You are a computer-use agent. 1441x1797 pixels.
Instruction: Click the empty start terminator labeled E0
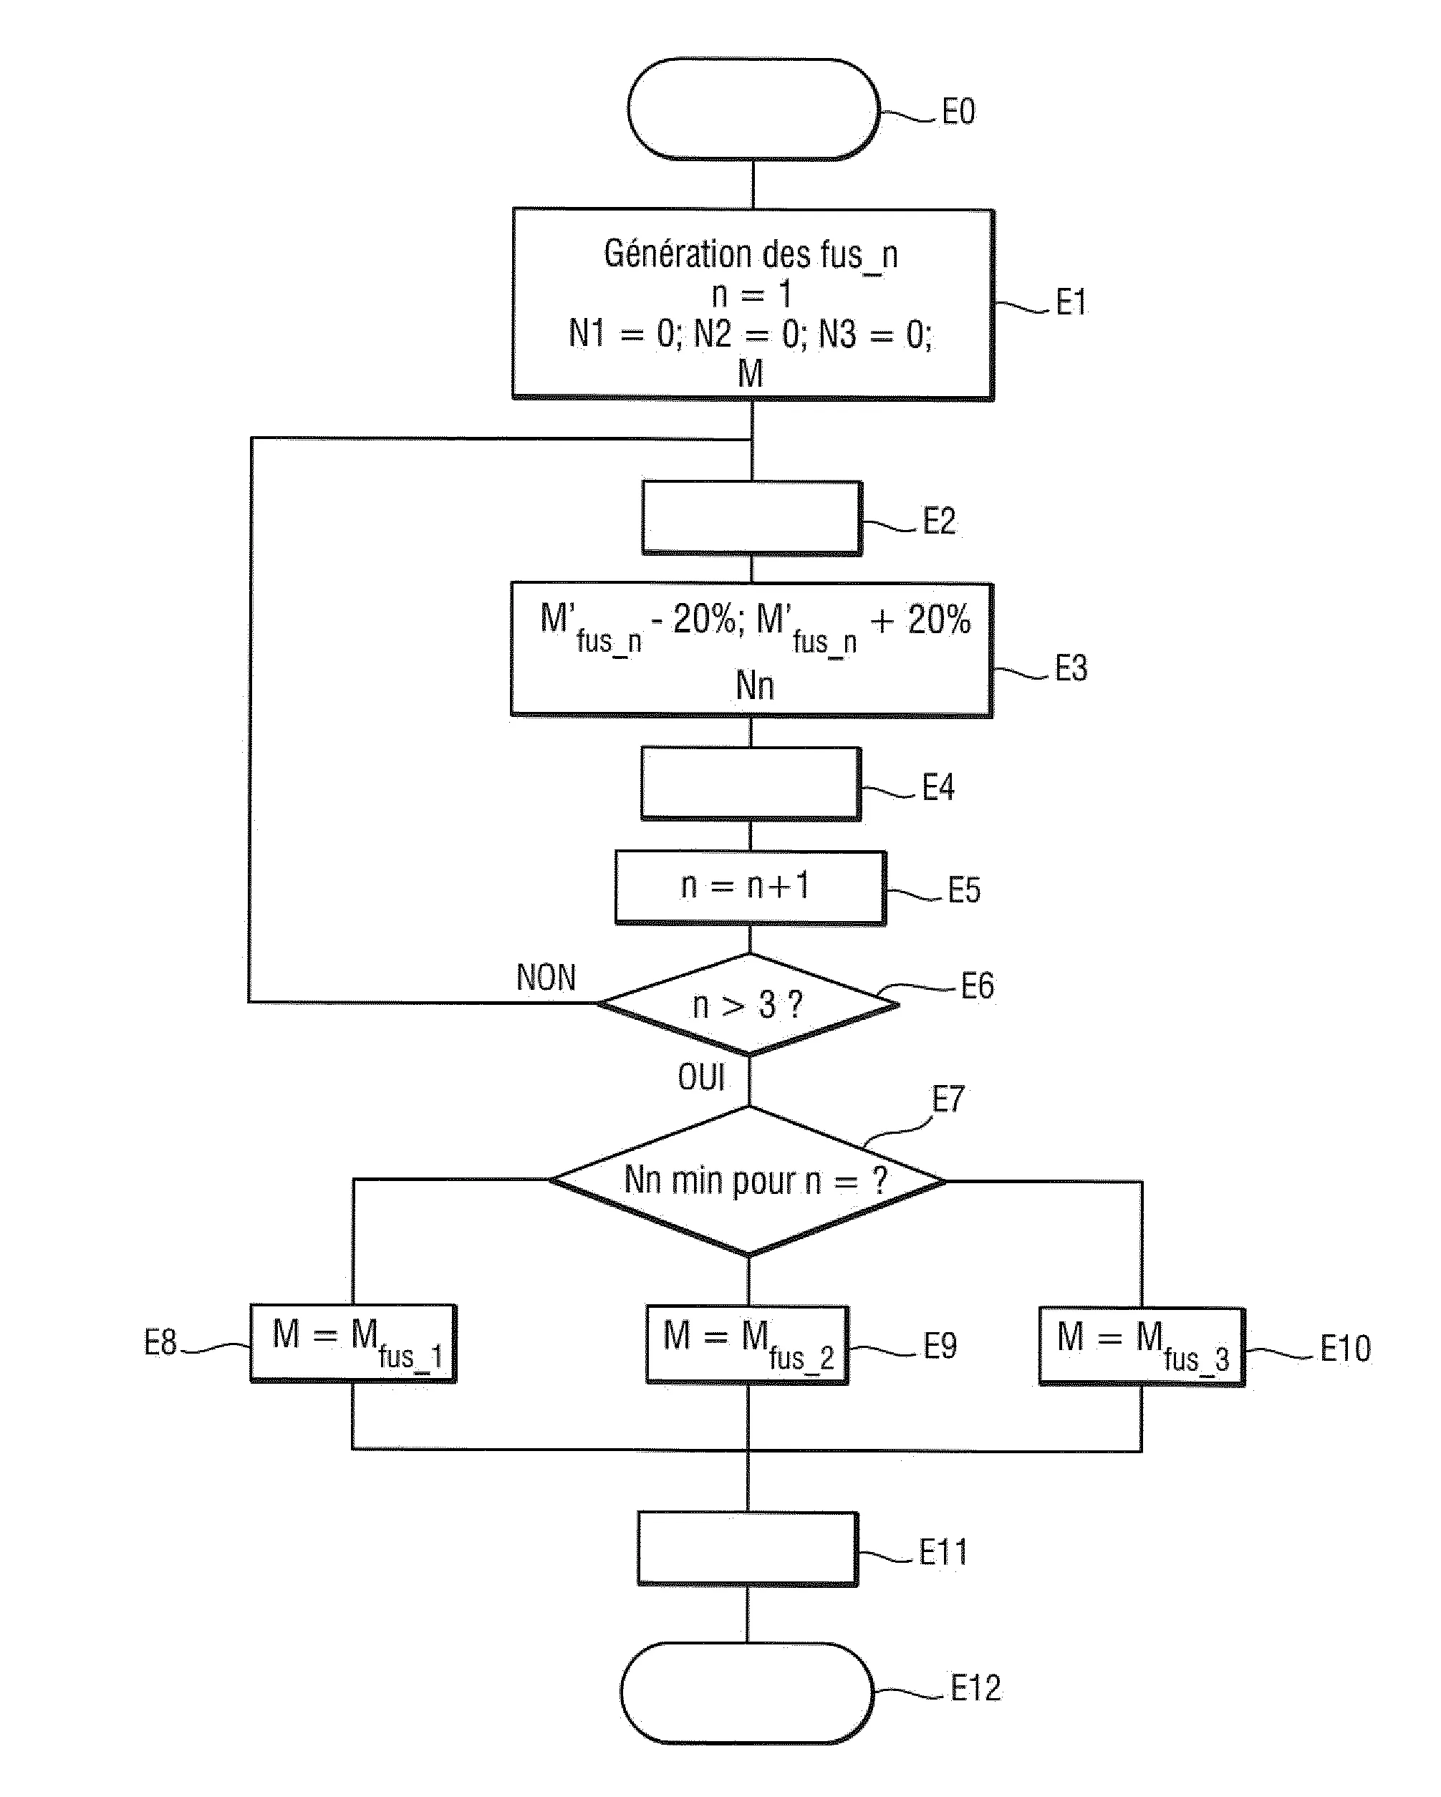(x=753, y=108)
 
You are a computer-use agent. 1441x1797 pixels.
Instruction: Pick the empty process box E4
(x=750, y=783)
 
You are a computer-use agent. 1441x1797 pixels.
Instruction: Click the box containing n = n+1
(x=749, y=886)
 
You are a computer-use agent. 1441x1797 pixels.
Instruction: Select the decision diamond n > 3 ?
(x=748, y=1004)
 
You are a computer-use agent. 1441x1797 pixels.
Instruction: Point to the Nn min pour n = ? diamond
(x=748, y=1180)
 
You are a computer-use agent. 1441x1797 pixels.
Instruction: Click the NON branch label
(x=546, y=978)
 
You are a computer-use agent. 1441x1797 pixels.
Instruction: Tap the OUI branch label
(x=701, y=1078)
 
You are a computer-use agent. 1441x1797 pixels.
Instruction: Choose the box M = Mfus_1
(x=353, y=1343)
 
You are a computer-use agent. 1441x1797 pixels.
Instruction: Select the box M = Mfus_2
(x=747, y=1344)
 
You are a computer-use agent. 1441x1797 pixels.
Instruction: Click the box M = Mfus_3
(x=1141, y=1346)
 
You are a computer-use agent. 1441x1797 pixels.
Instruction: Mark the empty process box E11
(x=747, y=1548)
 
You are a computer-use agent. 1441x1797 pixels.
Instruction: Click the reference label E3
(x=1071, y=668)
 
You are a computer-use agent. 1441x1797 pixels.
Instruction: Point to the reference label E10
(x=1344, y=1348)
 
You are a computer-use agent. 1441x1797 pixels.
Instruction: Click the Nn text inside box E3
(x=754, y=686)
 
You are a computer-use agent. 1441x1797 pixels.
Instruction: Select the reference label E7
(x=948, y=1099)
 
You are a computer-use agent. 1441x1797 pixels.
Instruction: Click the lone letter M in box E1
(x=750, y=373)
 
